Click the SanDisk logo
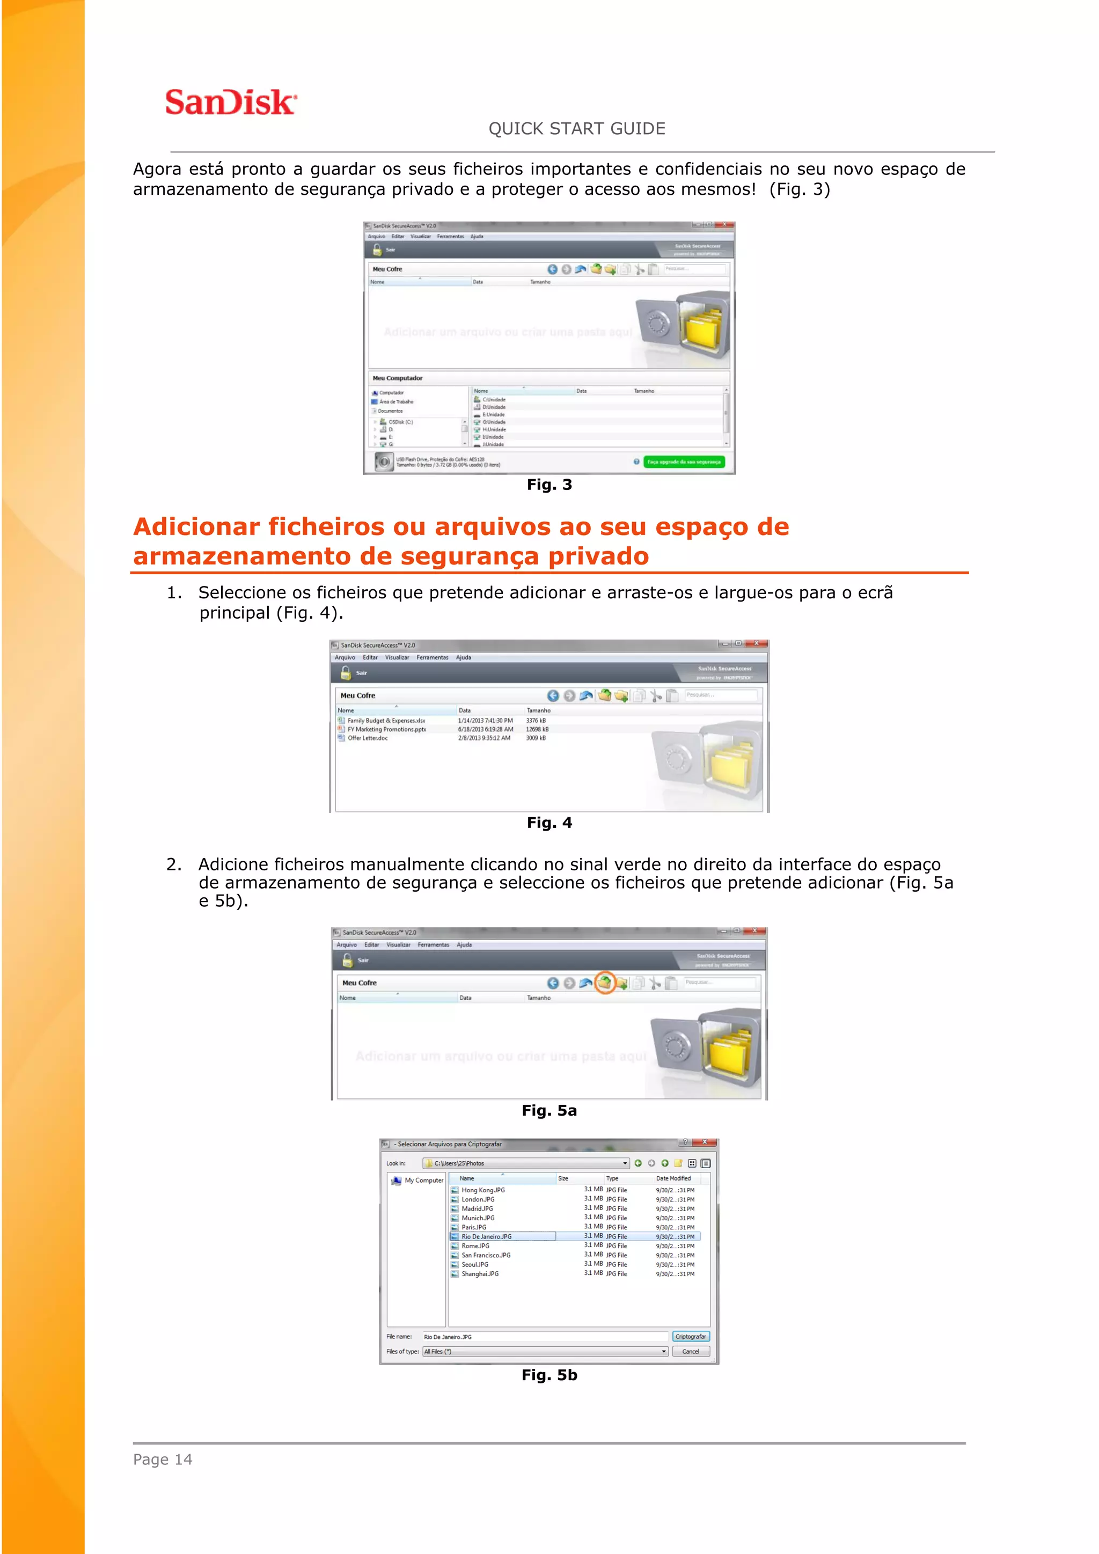(230, 102)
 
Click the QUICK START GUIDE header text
(576, 129)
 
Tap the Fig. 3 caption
(549, 485)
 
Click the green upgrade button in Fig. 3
(684, 461)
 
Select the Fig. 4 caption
(549, 823)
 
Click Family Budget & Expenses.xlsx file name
(386, 721)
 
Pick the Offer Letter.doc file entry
(368, 738)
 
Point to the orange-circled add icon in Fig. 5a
(604, 982)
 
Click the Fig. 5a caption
(549, 1110)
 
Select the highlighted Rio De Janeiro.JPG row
(487, 1236)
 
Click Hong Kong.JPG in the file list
(482, 1190)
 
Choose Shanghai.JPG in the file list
(480, 1274)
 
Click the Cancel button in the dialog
(690, 1352)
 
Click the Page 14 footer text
(163, 1459)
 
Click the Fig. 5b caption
(549, 1375)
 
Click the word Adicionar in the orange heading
(196, 526)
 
